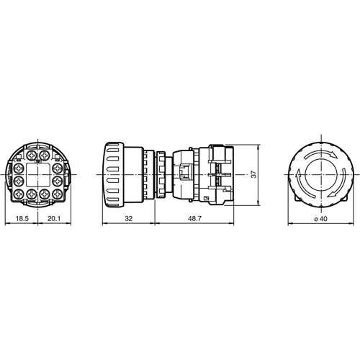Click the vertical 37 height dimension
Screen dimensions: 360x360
pos(252,175)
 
